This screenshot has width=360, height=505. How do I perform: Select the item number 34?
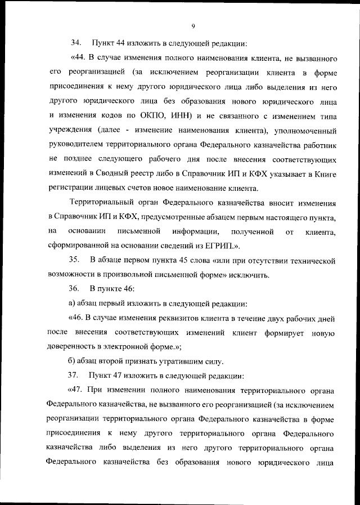(x=75, y=43)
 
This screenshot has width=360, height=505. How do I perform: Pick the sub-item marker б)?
(x=71, y=361)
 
